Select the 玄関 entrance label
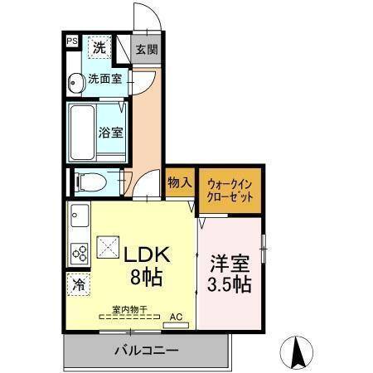pos(147,50)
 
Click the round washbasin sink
pos(75,81)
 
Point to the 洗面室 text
pos(106,80)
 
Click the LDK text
pos(148,254)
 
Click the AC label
pos(176,315)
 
